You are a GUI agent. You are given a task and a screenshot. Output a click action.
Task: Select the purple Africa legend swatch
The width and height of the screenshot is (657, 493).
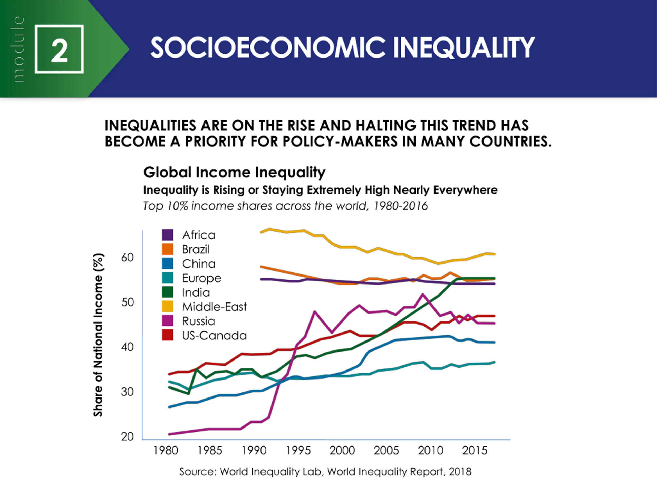168,235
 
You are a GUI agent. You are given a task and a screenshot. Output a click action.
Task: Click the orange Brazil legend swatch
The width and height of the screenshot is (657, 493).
168,249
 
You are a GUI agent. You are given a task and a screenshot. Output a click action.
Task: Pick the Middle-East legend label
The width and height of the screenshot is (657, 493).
214,307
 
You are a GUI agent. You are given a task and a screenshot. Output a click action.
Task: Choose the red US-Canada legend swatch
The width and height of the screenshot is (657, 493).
168,335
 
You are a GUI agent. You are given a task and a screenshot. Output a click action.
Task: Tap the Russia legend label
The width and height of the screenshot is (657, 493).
198,321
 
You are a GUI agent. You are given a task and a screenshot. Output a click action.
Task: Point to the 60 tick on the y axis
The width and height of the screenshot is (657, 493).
127,257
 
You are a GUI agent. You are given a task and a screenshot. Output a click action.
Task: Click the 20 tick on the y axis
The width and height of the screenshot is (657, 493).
127,437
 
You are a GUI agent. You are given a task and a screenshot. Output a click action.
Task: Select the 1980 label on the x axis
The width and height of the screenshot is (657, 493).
166,451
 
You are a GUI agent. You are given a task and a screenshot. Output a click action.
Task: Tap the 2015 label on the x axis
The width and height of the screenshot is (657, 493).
475,451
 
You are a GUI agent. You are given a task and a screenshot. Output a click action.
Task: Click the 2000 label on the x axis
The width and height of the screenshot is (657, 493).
342,451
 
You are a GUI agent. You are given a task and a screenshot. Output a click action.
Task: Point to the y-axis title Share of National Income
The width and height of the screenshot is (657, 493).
98,335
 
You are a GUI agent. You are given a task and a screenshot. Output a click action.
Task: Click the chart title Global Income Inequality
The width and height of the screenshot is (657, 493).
234,172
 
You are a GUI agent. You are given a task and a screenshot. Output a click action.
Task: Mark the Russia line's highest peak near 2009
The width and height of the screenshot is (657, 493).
423,295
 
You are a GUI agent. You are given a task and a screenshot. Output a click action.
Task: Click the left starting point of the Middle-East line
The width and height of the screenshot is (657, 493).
261,232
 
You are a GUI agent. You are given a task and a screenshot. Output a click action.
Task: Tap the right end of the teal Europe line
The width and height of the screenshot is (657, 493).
494,362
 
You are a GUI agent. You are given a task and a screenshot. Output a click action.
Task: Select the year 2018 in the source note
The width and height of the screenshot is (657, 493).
460,472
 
